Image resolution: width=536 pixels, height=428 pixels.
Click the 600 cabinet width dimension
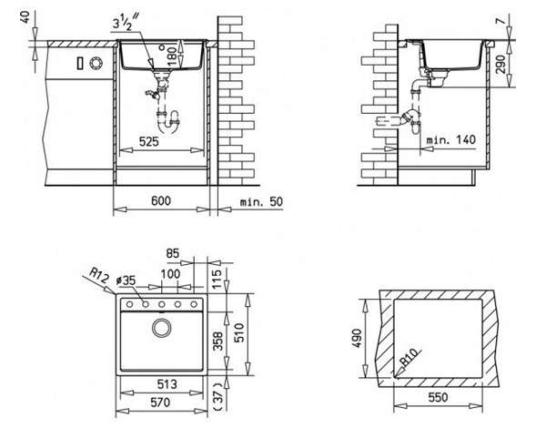161,201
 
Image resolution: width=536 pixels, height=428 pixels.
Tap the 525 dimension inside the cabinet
149,141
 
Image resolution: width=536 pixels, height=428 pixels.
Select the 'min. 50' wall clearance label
261,202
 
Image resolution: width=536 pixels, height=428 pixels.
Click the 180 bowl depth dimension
172,56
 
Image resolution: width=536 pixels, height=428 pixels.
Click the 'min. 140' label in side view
451,139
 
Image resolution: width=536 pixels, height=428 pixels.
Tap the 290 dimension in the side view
501,64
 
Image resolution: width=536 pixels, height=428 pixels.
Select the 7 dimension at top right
501,21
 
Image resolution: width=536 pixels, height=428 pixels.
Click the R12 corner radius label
99,275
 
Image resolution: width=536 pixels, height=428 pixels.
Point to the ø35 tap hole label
126,280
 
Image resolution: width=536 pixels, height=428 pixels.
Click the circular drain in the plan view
161,328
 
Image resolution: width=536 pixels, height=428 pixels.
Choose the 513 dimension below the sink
167,384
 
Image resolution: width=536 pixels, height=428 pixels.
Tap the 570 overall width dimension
160,403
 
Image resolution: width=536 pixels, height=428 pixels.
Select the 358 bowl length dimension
217,341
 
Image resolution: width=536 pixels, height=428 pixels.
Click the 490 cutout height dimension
357,338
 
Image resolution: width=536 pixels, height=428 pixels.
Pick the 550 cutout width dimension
438,397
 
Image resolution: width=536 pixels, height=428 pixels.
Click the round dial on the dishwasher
96,64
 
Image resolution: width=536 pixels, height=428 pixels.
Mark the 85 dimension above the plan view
173,253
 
